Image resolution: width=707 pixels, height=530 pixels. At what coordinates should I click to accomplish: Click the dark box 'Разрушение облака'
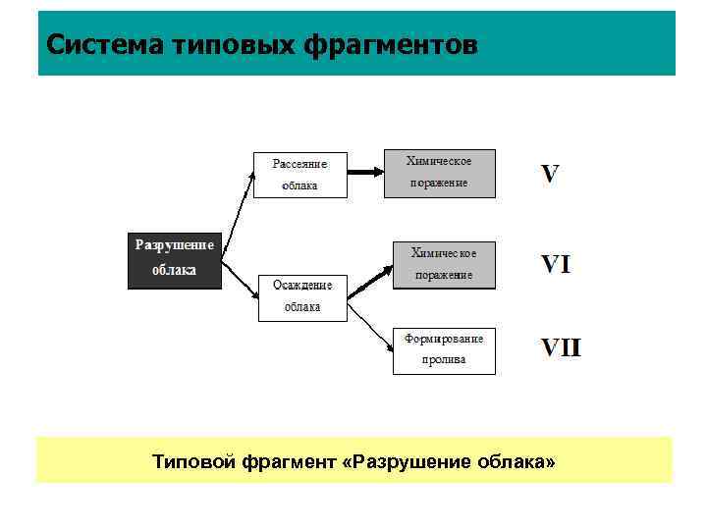[x=175, y=259]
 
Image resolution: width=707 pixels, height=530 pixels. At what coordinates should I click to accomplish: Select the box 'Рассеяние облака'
[x=300, y=175]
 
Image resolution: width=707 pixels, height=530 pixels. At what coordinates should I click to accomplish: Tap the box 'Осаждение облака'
[x=302, y=296]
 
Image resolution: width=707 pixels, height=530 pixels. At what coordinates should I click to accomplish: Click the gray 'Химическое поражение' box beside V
[x=440, y=173]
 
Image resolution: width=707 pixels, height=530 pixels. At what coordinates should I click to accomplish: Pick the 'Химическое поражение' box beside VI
[x=444, y=264]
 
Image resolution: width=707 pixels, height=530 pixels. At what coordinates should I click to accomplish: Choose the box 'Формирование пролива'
[x=444, y=350]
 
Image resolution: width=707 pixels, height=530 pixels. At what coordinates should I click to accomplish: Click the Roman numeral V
[x=551, y=175]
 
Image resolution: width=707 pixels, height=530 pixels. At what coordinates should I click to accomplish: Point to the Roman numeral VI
[x=556, y=264]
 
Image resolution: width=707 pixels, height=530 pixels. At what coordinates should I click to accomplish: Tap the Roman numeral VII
[x=561, y=348]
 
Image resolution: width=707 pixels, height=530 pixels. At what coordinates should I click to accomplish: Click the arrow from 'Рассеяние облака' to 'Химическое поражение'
[x=364, y=173]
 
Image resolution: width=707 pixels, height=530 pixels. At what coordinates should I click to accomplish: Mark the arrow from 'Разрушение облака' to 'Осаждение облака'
[x=240, y=276]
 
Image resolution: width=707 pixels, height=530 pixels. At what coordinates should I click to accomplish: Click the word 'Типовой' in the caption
[x=191, y=460]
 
